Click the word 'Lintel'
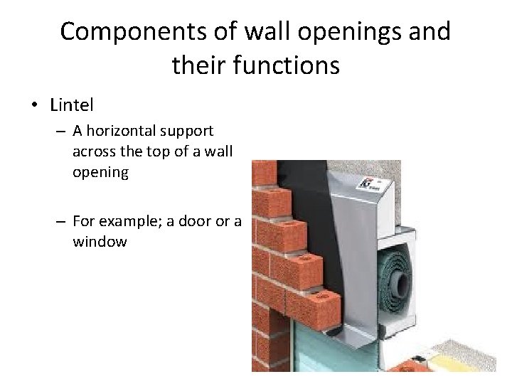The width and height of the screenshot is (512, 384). point(72,105)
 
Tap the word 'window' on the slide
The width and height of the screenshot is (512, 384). point(100,242)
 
